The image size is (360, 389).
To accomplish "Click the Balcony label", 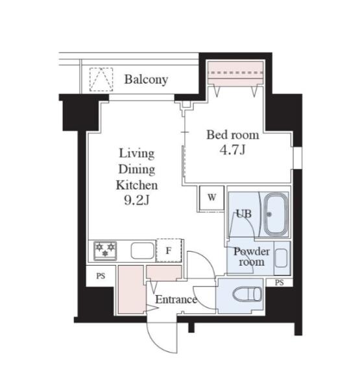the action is pyautogui.click(x=146, y=79).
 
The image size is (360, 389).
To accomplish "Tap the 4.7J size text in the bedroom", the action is pyautogui.click(x=233, y=150).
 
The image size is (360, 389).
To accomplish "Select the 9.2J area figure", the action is pyautogui.click(x=137, y=200).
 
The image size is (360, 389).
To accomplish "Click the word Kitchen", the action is pyautogui.click(x=137, y=185).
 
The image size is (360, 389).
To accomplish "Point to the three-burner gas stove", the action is pyautogui.click(x=105, y=250).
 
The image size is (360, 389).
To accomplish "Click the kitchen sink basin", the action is pyautogui.click(x=143, y=250).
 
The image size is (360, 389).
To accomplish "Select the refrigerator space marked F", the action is pyautogui.click(x=169, y=250).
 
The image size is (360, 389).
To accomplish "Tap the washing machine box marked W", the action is pyautogui.click(x=211, y=198).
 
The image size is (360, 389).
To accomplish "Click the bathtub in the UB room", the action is pyautogui.click(x=275, y=215).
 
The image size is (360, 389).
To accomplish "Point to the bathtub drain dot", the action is pyautogui.click(x=269, y=215).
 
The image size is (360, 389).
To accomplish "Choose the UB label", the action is pyautogui.click(x=243, y=213).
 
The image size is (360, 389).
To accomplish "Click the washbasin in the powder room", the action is pyautogui.click(x=282, y=258).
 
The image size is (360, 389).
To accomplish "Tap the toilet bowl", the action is pyautogui.click(x=247, y=294).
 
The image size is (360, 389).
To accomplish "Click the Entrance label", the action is pyautogui.click(x=176, y=300).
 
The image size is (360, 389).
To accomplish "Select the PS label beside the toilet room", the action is pyautogui.click(x=279, y=283).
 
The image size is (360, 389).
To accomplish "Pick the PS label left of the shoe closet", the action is pyautogui.click(x=101, y=276).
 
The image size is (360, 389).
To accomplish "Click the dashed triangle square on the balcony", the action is pyautogui.click(x=101, y=79).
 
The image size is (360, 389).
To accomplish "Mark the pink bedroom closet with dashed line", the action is pyautogui.click(x=235, y=73).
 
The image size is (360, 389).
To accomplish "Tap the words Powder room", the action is pyautogui.click(x=252, y=257).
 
